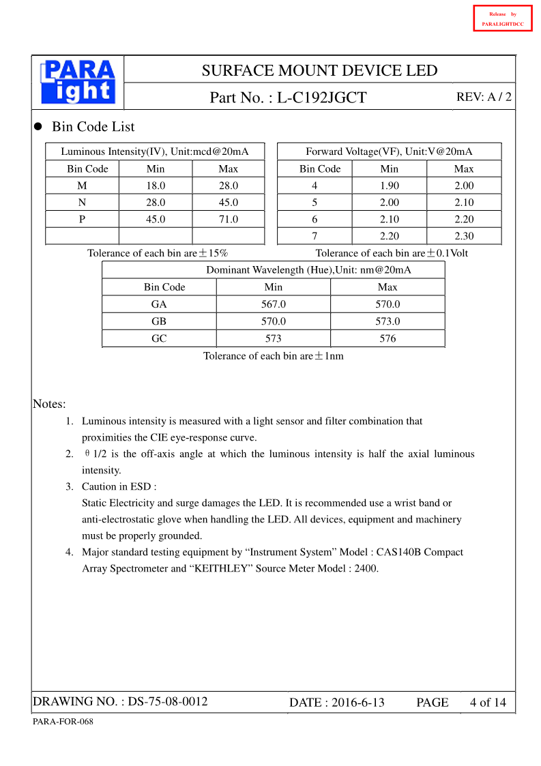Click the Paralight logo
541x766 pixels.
click(78, 82)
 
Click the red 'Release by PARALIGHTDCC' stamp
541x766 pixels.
click(502, 18)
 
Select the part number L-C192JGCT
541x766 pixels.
click(321, 98)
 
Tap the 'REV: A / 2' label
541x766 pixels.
click(483, 97)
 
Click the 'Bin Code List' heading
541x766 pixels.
click(93, 127)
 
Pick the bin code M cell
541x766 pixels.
click(82, 186)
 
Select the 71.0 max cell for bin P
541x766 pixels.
click(228, 220)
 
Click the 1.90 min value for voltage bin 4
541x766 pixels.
click(389, 186)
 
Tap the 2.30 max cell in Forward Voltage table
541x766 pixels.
click(463, 236)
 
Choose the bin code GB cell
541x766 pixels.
click(159, 321)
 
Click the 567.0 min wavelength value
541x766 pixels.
click(273, 304)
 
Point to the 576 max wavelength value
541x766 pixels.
click(387, 338)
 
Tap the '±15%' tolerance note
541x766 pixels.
click(213, 253)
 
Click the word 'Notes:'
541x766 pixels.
click(49, 404)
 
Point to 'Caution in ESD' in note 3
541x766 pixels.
click(119, 486)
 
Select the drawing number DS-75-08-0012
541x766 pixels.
click(168, 701)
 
